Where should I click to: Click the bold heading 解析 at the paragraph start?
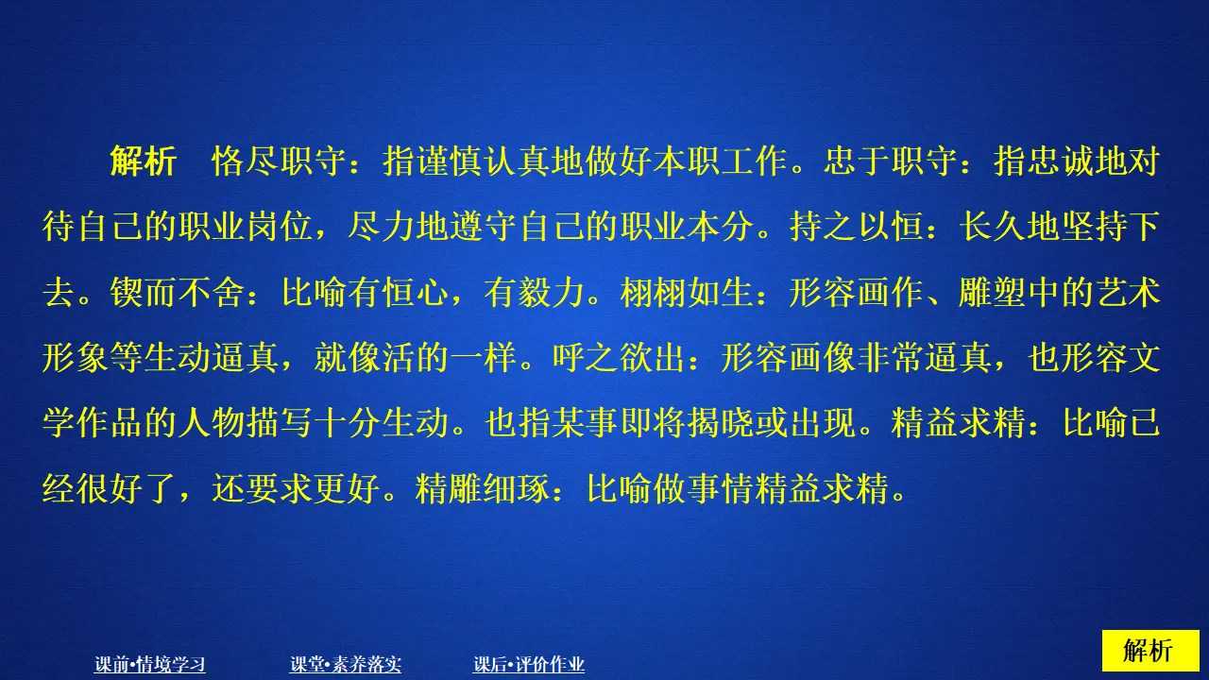143,162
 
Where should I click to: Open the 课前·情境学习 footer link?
150,665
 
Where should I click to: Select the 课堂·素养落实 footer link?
346,665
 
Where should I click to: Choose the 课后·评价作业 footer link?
529,665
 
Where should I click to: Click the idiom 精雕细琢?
483,491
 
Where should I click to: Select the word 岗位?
280,229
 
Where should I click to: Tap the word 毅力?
551,295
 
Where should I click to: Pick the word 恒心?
415,295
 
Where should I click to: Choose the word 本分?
721,229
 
